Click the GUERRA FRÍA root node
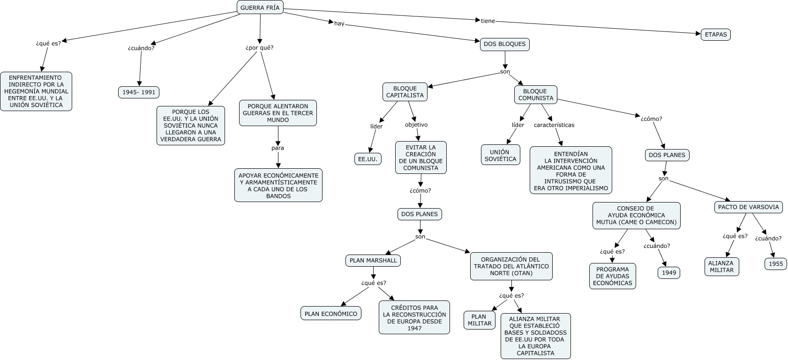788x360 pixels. (x=260, y=7)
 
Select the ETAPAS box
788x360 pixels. (x=715, y=35)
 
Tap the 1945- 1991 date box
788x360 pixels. (x=139, y=92)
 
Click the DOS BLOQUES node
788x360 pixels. (x=504, y=45)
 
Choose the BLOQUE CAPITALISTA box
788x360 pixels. (x=405, y=92)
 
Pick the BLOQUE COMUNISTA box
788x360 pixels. (x=535, y=95)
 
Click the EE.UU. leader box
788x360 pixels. (x=368, y=159)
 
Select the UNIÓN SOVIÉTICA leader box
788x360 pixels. (x=500, y=155)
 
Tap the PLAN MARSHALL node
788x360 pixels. (x=373, y=261)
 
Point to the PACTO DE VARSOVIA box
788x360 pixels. (x=748, y=207)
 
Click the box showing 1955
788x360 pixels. (x=776, y=264)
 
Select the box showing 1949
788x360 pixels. (x=669, y=273)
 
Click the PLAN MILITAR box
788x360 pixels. (x=479, y=320)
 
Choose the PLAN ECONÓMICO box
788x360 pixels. (x=330, y=313)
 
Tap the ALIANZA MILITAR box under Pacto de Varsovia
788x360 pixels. (x=721, y=267)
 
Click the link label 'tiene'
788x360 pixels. (x=488, y=21)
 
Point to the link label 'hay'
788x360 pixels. (x=339, y=23)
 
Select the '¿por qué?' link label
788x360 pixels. (x=259, y=47)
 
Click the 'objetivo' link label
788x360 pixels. (x=416, y=125)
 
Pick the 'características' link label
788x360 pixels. (x=554, y=125)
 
